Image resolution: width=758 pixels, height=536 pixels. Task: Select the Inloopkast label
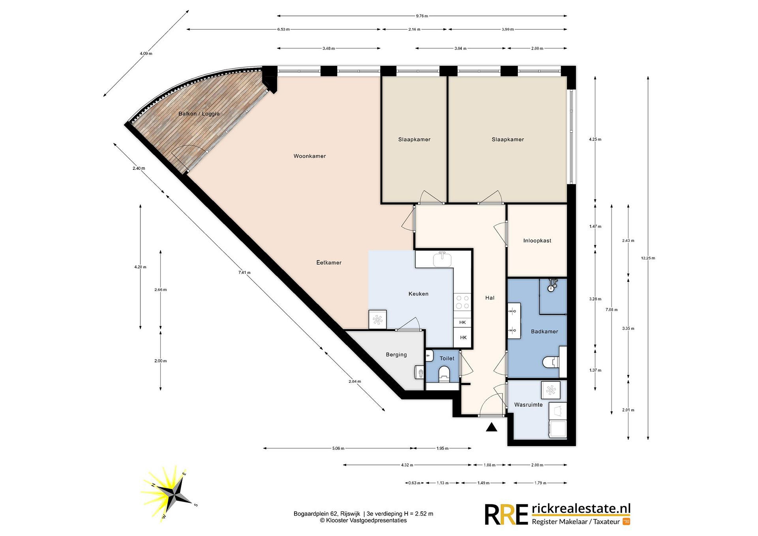[x=537, y=241]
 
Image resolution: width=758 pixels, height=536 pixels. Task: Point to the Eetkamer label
[x=329, y=263]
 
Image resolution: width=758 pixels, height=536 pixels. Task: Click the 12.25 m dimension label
[x=648, y=258]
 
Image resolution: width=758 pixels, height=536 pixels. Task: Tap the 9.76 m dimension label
[x=422, y=16]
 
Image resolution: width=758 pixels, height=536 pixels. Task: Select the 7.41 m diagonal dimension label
[x=244, y=273]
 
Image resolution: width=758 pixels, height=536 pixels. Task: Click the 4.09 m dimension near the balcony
[x=146, y=53]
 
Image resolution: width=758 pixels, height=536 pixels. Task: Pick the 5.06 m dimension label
[x=338, y=448]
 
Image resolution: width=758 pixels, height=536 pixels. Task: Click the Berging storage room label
[x=396, y=355]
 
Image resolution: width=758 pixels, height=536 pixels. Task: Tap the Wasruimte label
[x=528, y=405]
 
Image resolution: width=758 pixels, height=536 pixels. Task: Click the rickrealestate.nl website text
[x=581, y=509]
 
